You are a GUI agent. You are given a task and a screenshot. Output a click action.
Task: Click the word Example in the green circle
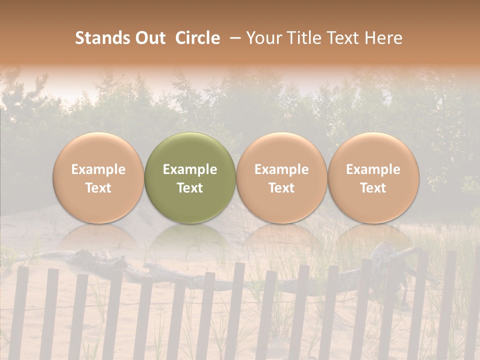pos(190,169)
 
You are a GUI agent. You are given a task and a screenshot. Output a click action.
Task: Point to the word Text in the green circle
pos(190,188)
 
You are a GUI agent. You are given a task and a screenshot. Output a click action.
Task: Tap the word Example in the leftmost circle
pos(98,169)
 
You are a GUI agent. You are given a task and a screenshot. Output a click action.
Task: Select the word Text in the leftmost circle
pos(98,188)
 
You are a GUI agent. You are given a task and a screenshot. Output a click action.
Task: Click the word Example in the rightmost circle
pos(373,169)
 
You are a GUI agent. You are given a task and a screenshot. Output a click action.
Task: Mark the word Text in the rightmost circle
pos(373,188)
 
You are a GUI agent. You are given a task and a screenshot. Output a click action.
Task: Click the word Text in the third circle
pos(281,188)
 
